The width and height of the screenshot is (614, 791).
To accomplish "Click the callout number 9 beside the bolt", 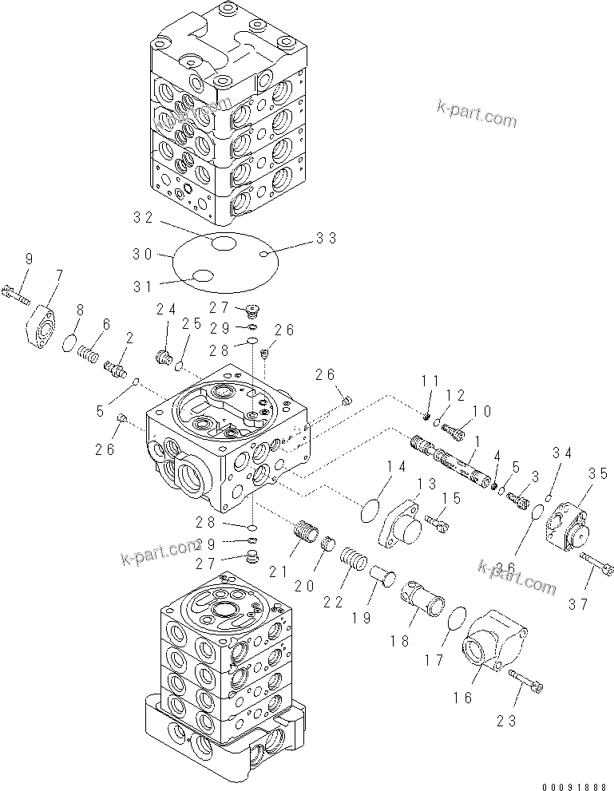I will [x=30, y=259].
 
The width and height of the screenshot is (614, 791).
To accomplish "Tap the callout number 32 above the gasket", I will [x=143, y=217].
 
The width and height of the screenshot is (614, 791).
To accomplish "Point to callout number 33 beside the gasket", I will [x=326, y=238].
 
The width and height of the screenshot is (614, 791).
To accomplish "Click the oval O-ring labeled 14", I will [x=371, y=508].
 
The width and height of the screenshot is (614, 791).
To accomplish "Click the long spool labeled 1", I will [x=452, y=466].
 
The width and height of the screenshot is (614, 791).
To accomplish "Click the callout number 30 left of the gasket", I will [x=143, y=254].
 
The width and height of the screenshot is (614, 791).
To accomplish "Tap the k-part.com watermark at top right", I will [x=477, y=114].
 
